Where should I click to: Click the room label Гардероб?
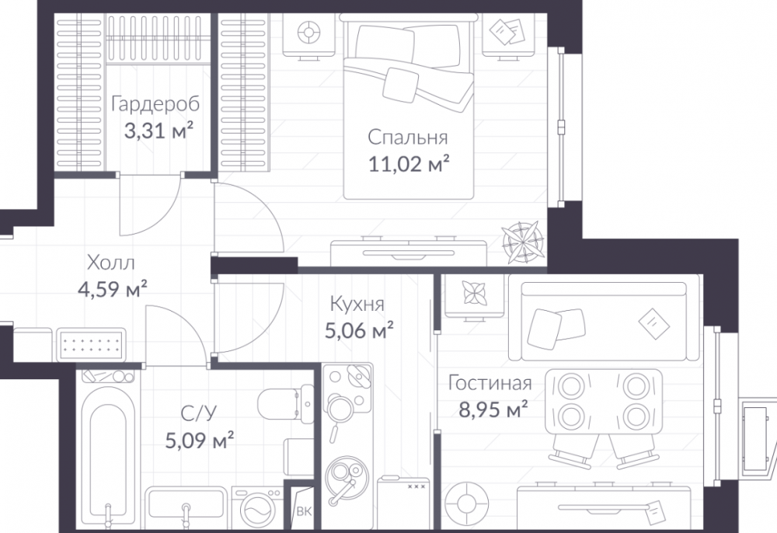click(x=155, y=105)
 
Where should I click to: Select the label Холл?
click(x=111, y=263)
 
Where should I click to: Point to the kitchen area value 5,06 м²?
click(x=359, y=330)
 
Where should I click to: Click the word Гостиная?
click(x=490, y=383)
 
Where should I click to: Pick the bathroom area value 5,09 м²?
click(x=199, y=440)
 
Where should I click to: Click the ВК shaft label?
click(x=303, y=512)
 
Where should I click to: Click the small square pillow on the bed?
click(x=401, y=85)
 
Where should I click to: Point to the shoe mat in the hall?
click(x=91, y=345)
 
